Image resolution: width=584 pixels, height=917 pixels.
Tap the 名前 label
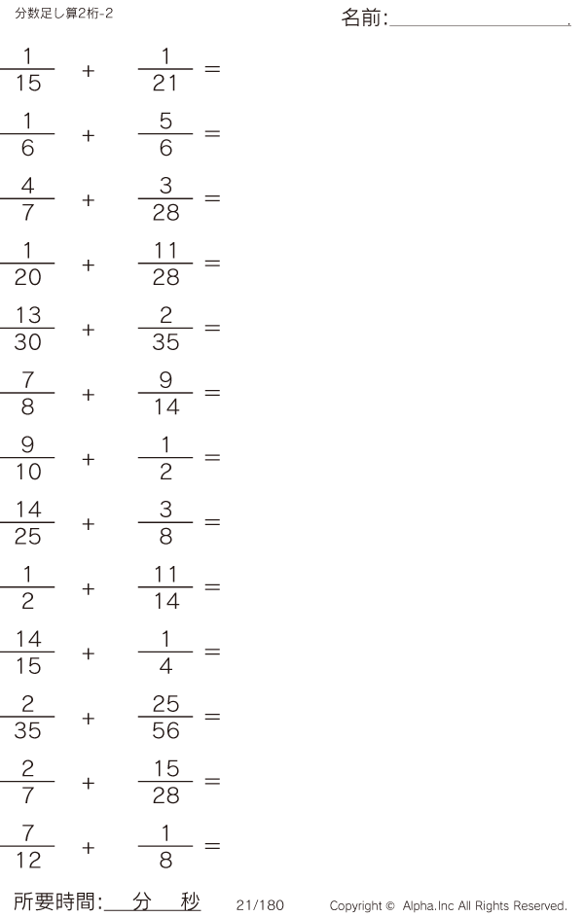click(364, 18)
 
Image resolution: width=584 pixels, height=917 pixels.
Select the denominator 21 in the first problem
click(165, 84)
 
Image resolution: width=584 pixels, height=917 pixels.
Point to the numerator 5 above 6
click(165, 121)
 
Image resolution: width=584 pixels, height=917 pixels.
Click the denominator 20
click(28, 278)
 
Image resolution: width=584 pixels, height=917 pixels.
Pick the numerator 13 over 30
click(28, 315)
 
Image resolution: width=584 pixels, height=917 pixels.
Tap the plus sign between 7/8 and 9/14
click(89, 394)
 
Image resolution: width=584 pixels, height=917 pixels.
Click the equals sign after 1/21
click(212, 69)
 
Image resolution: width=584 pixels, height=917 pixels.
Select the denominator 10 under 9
click(28, 473)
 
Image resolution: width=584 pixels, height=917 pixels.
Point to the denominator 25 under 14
click(28, 538)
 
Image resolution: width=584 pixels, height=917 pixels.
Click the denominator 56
click(165, 732)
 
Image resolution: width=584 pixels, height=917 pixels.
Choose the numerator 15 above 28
click(165, 769)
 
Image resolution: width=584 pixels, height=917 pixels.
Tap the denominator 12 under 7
click(28, 862)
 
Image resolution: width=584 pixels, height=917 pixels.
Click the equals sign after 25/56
click(212, 718)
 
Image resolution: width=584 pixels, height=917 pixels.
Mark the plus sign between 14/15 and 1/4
click(89, 653)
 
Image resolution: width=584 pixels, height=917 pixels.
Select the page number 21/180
click(260, 905)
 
